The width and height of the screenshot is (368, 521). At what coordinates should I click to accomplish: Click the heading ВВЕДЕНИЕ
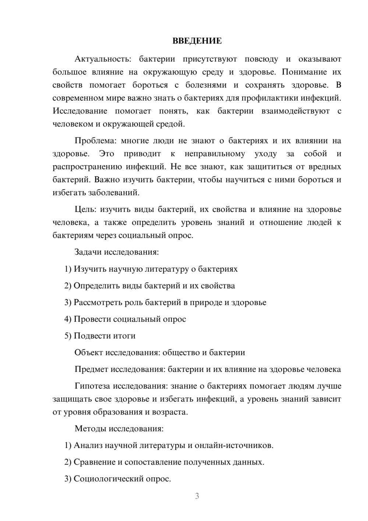[x=197, y=41]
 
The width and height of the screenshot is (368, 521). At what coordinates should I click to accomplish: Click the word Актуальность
[x=101, y=59]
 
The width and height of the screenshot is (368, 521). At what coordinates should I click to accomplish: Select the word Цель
[x=85, y=210]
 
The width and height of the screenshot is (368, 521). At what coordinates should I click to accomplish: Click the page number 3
[x=197, y=496]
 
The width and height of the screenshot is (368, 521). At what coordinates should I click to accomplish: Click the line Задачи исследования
[x=117, y=252]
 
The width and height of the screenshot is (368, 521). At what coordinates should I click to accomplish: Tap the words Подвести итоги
[x=105, y=336]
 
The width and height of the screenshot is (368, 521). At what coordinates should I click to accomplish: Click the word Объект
[x=89, y=353]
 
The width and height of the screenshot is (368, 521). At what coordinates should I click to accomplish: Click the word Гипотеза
[x=92, y=386]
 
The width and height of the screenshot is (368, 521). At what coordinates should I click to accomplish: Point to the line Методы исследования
[x=119, y=429]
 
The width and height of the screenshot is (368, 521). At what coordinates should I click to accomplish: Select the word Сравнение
[x=94, y=462]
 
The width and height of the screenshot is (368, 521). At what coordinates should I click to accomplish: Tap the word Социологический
[x=107, y=479]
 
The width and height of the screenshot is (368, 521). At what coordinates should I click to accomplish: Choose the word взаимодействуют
[x=296, y=111]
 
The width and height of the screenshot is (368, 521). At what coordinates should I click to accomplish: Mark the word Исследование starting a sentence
[x=80, y=111]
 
